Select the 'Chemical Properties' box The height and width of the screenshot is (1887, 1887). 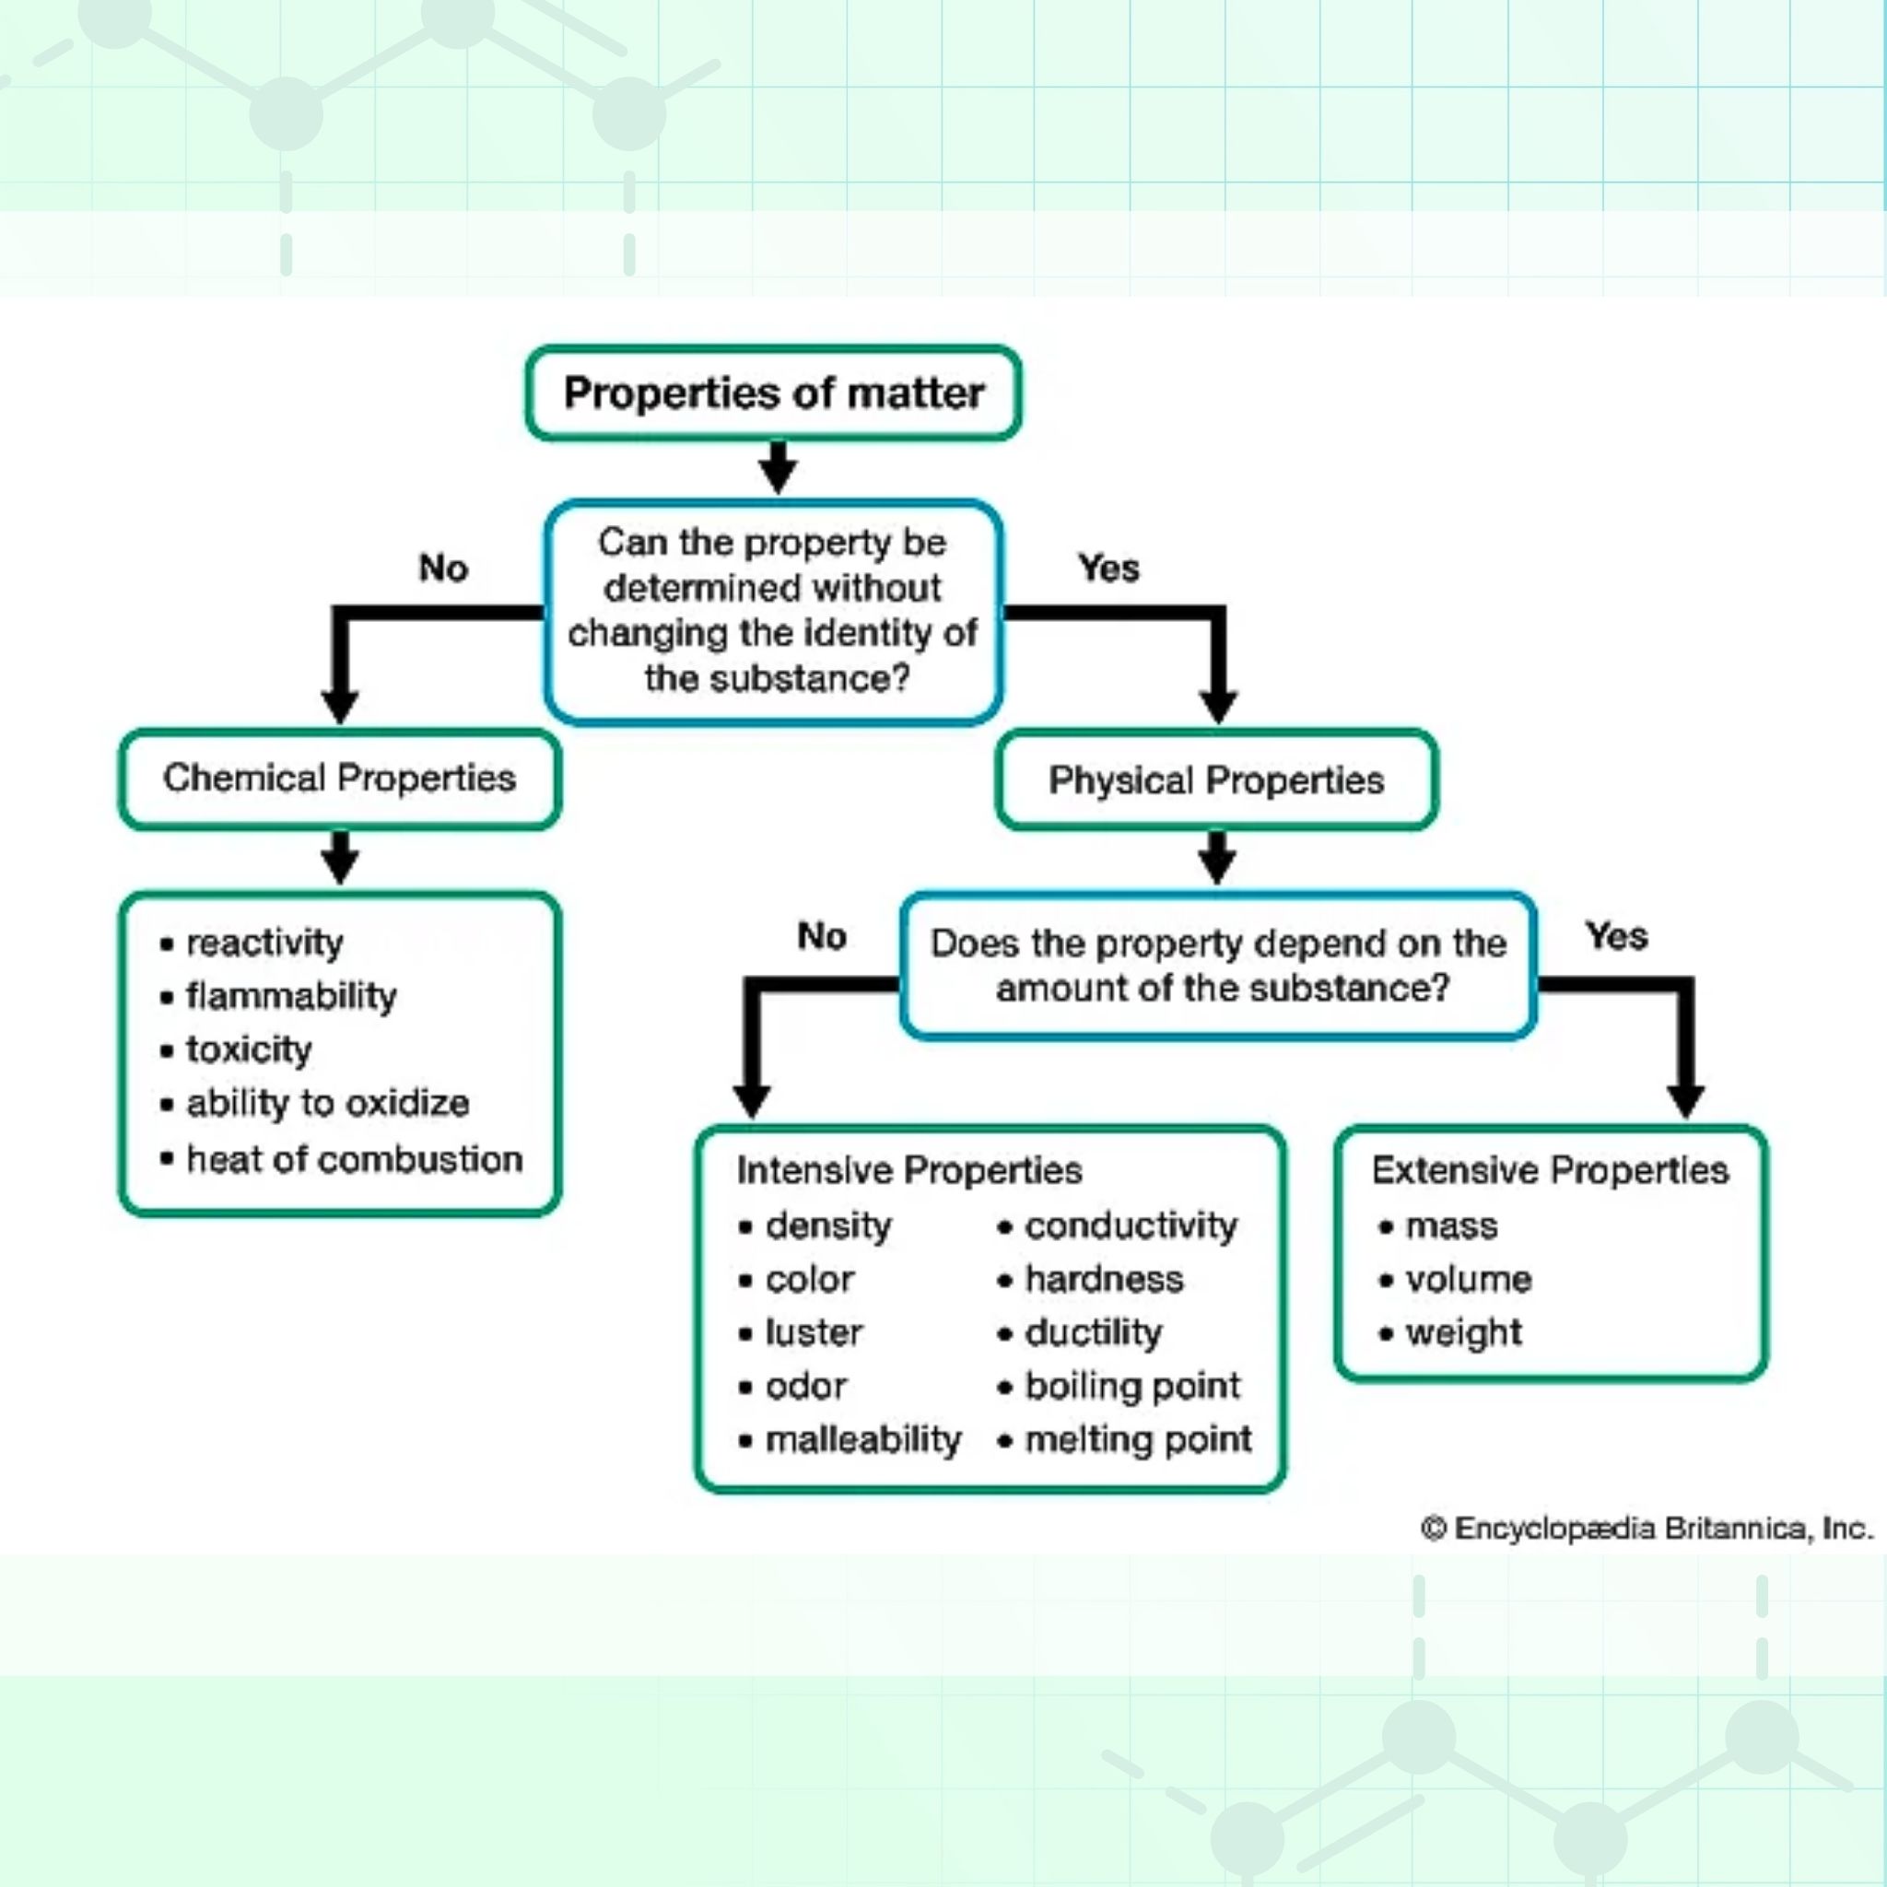(340, 779)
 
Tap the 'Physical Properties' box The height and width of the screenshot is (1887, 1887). (1216, 779)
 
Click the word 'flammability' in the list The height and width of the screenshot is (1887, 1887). (291, 996)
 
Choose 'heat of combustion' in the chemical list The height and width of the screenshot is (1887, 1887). (355, 1159)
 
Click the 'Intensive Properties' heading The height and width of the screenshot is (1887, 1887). (909, 1170)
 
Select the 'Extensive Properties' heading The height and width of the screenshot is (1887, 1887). (1550, 1170)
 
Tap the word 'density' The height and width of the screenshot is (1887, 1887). (828, 1225)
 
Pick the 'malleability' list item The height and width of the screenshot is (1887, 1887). (863, 1440)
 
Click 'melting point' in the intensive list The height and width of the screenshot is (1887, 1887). (1138, 1440)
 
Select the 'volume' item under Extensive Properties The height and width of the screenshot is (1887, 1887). (1468, 1280)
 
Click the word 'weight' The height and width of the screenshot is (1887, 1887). (1463, 1333)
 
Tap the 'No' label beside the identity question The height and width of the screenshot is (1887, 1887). (443, 568)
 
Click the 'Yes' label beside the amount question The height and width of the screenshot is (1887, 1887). (1616, 936)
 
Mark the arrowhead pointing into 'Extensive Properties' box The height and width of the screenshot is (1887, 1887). (1686, 1102)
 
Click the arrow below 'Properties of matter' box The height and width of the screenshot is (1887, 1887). (778, 468)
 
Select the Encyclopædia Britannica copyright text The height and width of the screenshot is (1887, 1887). (1647, 1528)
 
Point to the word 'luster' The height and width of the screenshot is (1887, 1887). (814, 1333)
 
